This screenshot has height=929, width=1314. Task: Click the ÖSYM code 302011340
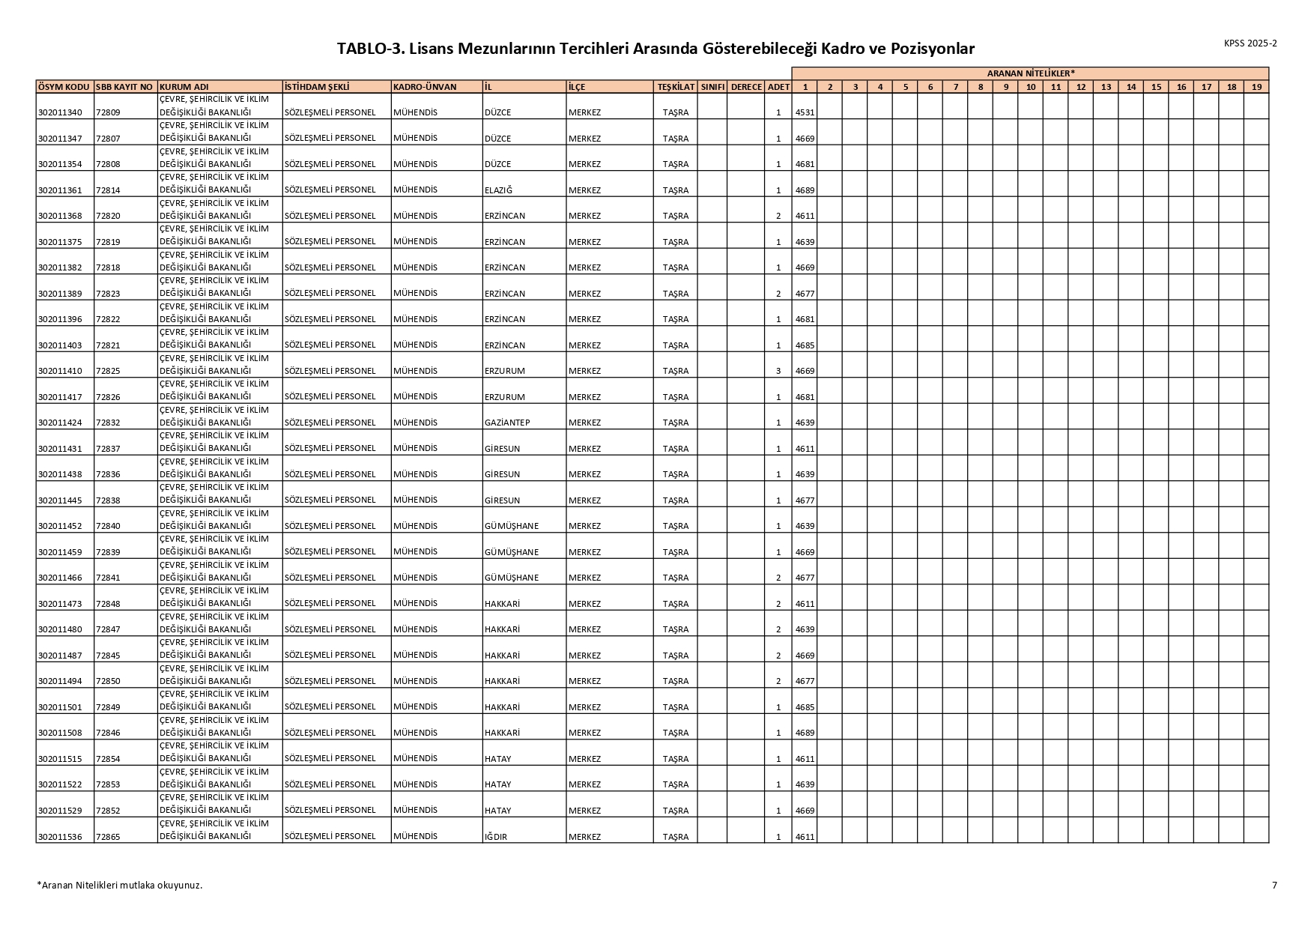60,112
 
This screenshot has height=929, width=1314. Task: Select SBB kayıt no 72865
108,837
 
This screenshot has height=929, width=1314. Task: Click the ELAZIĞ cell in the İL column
498,190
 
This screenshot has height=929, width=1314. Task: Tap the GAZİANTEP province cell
507,423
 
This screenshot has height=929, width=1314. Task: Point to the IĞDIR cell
496,837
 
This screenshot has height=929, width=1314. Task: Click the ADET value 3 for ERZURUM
778,371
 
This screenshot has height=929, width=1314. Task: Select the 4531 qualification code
805,112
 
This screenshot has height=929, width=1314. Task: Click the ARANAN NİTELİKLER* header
1030,73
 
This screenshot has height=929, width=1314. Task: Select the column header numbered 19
1256,87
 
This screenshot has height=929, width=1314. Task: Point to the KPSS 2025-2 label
1250,43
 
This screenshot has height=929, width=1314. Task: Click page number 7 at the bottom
1274,885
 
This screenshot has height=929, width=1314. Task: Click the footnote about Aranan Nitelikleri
120,885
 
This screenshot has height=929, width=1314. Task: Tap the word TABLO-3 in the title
371,49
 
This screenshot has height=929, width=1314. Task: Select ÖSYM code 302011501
60,707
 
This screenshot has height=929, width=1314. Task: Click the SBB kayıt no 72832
108,423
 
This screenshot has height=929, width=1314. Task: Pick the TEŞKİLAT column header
676,87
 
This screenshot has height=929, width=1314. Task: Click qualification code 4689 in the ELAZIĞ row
805,190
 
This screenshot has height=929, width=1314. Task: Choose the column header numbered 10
1030,87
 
